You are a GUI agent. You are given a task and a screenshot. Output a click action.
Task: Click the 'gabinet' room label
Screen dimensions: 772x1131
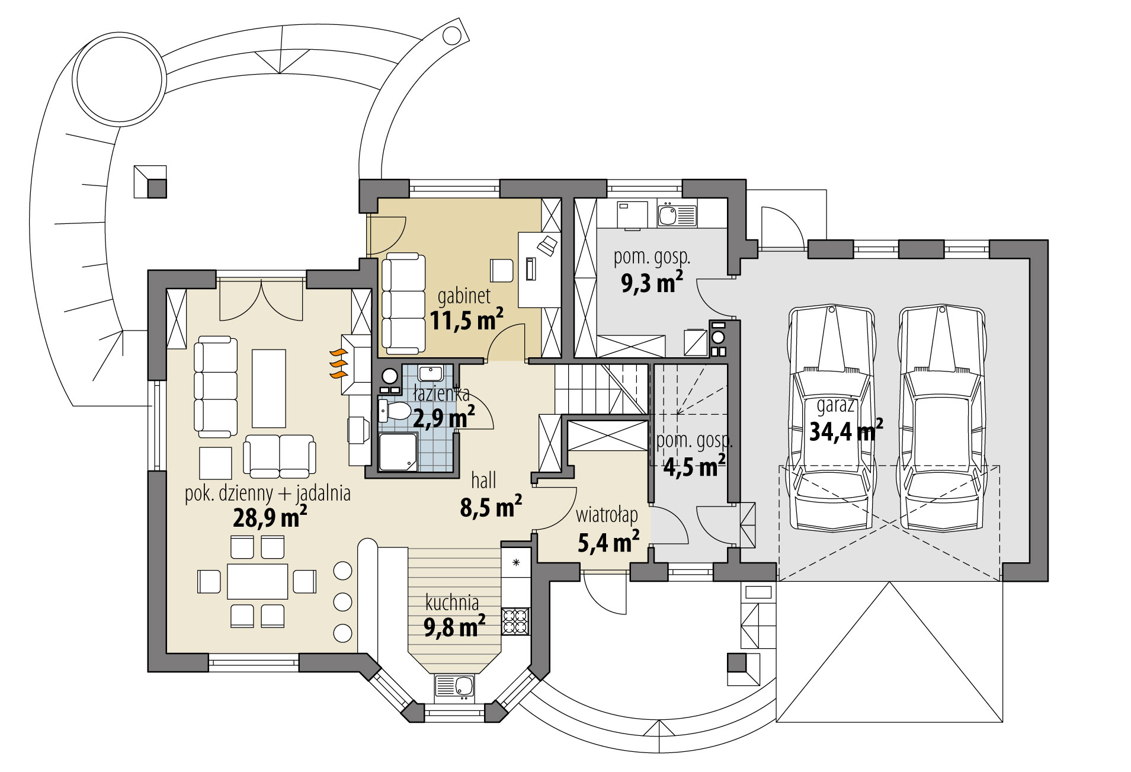point(464,296)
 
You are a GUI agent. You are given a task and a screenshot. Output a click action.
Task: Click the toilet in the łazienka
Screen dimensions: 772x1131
point(394,409)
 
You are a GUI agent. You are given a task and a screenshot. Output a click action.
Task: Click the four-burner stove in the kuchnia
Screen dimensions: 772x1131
point(514,621)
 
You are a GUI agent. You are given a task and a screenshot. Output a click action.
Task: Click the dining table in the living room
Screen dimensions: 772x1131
point(257,581)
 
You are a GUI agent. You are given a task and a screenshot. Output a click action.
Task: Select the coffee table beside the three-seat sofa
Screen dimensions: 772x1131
point(269,388)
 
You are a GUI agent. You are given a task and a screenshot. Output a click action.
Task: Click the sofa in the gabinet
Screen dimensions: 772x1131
point(403,302)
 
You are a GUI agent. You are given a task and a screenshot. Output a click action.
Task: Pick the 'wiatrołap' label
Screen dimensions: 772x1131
point(607,515)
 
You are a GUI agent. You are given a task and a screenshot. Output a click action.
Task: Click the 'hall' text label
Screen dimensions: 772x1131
point(483,480)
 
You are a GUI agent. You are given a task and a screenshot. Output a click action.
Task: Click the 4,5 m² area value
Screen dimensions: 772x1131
point(694,467)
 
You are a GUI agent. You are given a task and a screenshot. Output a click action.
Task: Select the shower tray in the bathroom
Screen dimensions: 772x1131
point(398,452)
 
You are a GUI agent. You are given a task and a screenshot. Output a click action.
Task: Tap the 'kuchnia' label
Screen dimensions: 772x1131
point(452,603)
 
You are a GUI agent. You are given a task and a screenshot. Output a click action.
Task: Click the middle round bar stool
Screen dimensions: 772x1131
point(342,601)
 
